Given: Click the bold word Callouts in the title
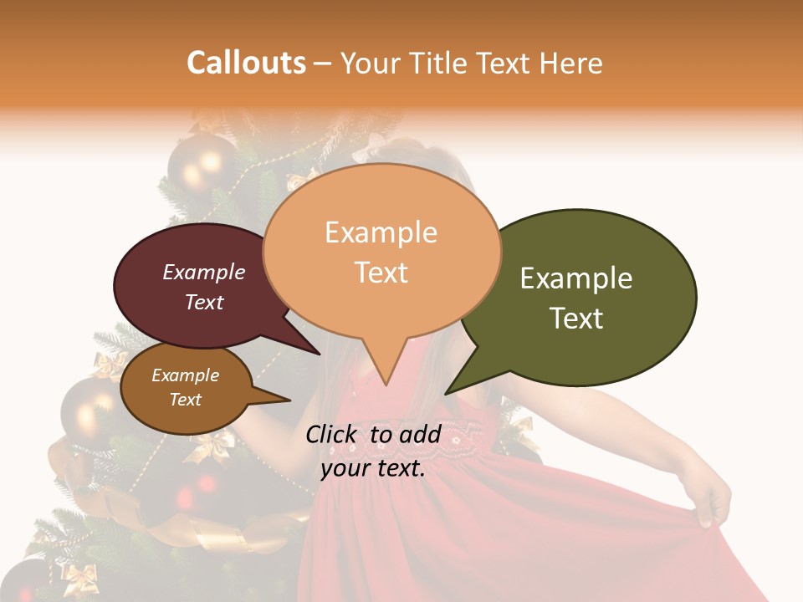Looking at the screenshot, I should (246, 63).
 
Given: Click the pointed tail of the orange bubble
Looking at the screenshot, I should (385, 380).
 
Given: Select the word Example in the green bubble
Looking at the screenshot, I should (576, 278).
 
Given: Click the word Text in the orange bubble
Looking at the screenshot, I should (381, 273).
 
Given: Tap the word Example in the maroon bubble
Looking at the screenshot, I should (204, 272).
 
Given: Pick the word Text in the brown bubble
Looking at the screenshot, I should (186, 400).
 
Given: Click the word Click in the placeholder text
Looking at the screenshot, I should (334, 434).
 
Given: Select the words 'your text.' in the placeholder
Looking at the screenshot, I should (373, 469).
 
